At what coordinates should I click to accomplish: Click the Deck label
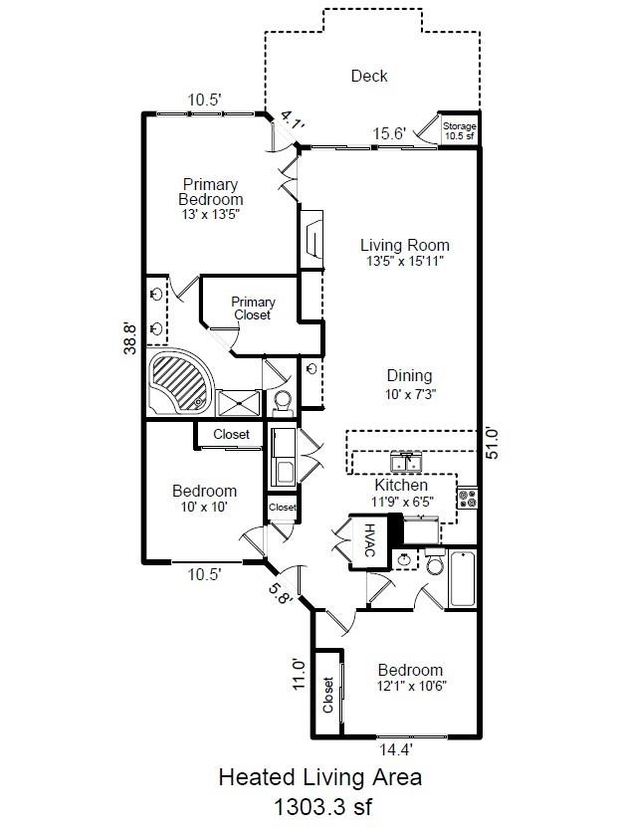point(369,76)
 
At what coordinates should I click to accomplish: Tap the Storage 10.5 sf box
point(459,131)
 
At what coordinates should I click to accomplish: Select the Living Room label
point(404,245)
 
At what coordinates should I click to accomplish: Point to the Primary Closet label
point(253,309)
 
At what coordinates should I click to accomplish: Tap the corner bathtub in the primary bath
point(180,382)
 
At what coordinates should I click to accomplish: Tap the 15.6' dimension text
point(389,134)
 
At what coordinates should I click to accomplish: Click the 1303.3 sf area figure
point(319,804)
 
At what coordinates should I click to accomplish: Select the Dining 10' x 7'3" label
point(409,384)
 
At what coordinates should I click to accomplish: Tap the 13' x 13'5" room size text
point(211,214)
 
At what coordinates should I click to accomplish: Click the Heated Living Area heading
point(319,776)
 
